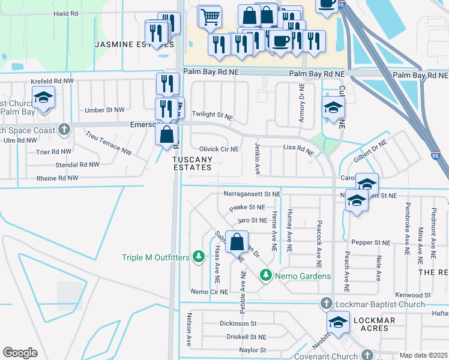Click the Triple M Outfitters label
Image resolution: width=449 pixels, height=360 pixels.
155,257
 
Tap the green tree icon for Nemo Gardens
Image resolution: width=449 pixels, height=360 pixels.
265,275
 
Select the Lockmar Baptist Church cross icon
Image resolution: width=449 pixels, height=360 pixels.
326,303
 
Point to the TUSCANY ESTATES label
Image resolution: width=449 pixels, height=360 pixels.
192,163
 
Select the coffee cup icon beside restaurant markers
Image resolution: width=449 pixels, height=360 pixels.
279,41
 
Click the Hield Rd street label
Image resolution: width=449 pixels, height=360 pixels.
66,13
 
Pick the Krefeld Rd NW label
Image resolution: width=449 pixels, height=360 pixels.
53,80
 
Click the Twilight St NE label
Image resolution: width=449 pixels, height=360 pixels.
211,114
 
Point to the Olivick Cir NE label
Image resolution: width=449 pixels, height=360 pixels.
218,149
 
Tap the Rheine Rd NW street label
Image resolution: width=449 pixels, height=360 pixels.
57,178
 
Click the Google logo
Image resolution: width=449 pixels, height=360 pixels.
20,353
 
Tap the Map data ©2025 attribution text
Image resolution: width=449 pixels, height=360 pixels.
424,355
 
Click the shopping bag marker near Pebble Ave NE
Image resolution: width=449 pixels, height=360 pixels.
238,242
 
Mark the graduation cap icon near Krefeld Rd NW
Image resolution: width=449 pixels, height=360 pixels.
43,97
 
